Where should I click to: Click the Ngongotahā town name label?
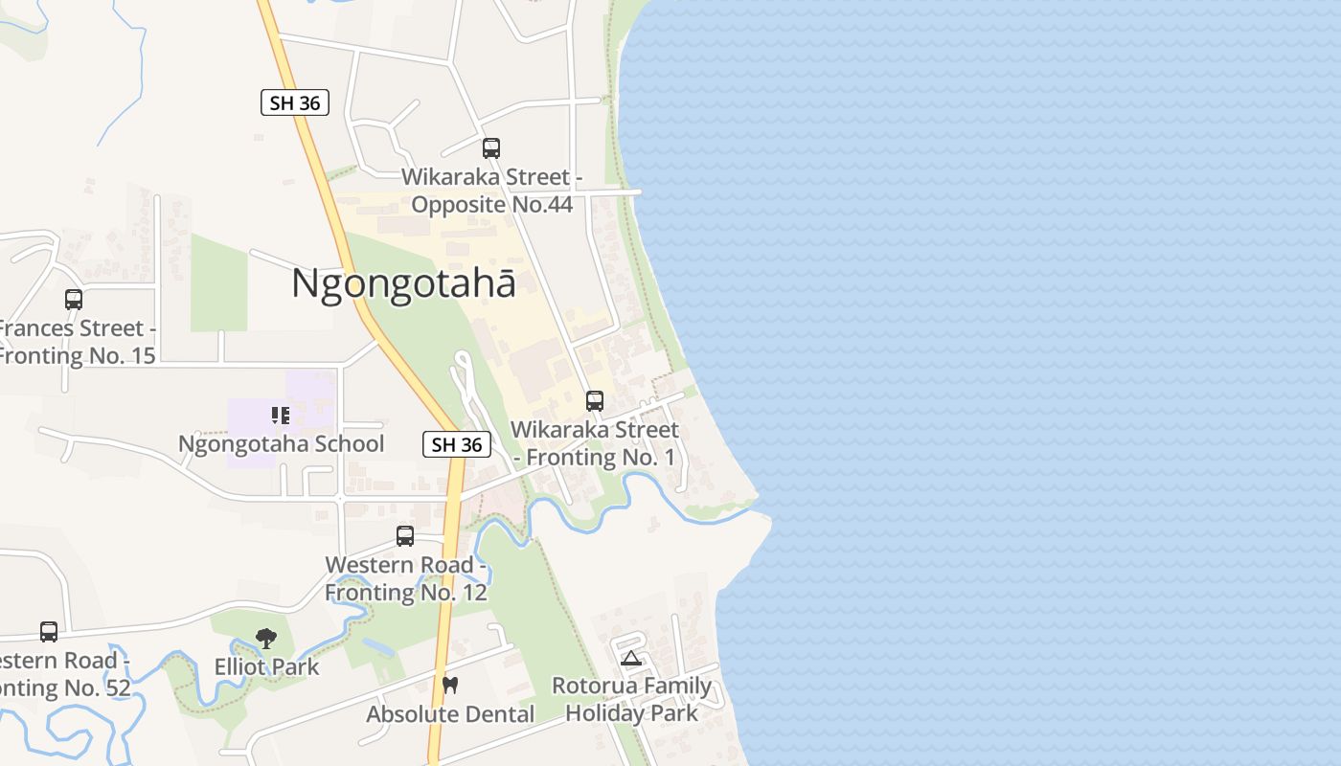403,284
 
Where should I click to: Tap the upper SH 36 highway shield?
295,102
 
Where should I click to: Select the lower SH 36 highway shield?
457,444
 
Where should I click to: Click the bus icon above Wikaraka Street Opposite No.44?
491,148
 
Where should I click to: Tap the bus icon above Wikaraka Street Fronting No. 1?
595,401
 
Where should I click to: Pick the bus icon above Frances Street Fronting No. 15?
74,299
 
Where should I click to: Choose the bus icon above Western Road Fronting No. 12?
405,536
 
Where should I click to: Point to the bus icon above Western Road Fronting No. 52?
49,632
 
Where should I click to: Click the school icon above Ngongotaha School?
281,416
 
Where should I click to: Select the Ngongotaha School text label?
281,444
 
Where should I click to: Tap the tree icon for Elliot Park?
266,639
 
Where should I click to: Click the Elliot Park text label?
266,666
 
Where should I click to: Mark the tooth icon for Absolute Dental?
450,686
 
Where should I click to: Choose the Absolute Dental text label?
450,714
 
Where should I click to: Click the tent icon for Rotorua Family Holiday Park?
630,658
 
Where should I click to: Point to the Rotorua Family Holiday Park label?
631,700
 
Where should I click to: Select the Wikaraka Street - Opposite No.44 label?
491,191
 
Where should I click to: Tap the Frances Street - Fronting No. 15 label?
77,342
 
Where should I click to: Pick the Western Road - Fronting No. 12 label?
406,578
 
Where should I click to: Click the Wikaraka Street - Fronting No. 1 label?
595,443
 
